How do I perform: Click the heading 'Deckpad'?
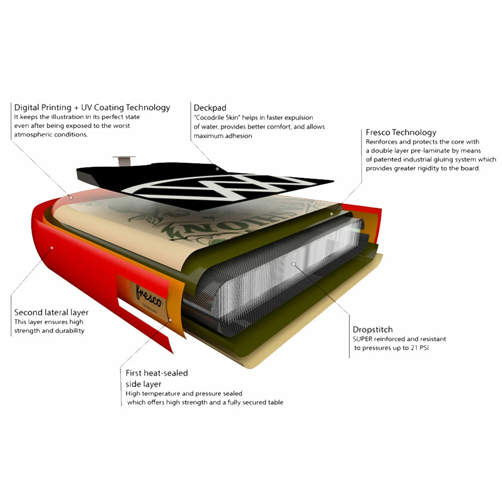210,108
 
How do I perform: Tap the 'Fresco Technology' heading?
401,133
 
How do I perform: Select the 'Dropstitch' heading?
372,329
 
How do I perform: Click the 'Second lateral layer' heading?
51,312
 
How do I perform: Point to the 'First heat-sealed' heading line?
157,373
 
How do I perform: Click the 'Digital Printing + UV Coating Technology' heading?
92,108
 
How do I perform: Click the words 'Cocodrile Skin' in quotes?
217,117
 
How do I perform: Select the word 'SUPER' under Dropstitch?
362,339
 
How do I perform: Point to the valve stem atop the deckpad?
123,161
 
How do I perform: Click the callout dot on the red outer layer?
52,248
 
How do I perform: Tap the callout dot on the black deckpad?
217,169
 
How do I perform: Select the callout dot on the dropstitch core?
293,264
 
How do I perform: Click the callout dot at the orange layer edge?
170,320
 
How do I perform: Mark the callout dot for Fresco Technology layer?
332,213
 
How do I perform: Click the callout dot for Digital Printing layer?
71,197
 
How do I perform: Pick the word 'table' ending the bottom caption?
276,402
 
